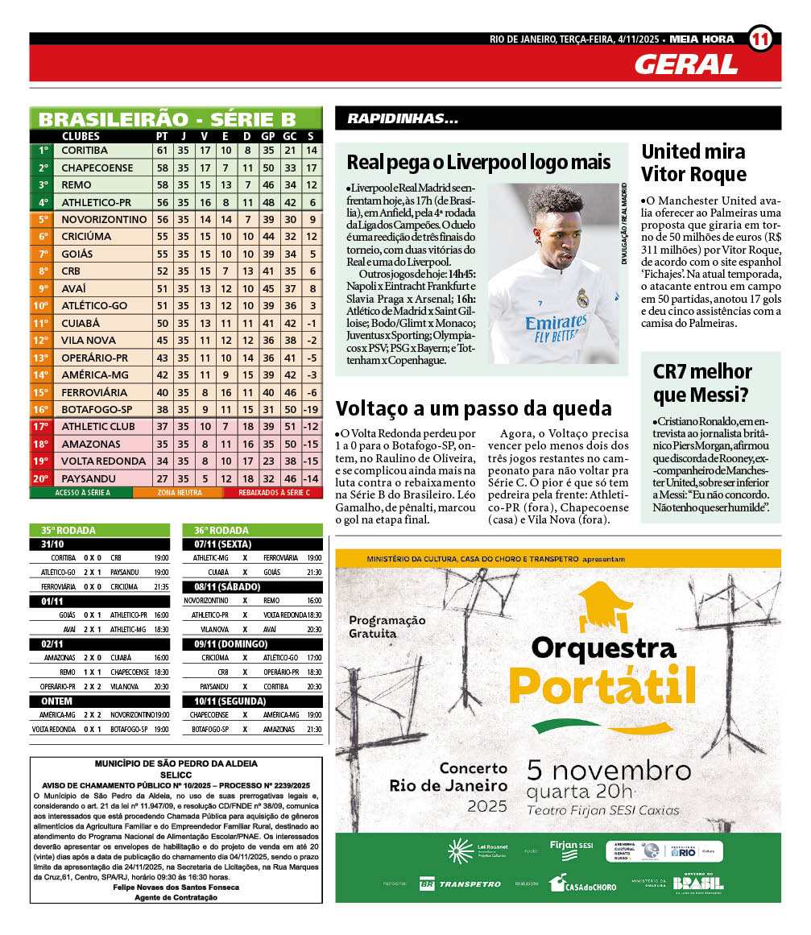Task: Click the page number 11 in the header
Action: click(x=760, y=39)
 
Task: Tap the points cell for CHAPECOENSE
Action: click(x=162, y=168)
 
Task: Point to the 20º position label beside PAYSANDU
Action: click(x=41, y=478)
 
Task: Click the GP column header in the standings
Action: click(x=268, y=136)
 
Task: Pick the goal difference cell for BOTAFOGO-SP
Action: click(x=311, y=409)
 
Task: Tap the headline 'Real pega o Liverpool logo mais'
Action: click(x=478, y=162)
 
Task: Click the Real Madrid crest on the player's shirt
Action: click(x=582, y=298)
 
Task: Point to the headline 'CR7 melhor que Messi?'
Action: click(x=702, y=383)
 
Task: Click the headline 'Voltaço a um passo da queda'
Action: click(x=474, y=408)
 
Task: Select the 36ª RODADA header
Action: click(x=221, y=531)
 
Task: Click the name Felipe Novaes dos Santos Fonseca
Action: click(x=176, y=887)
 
